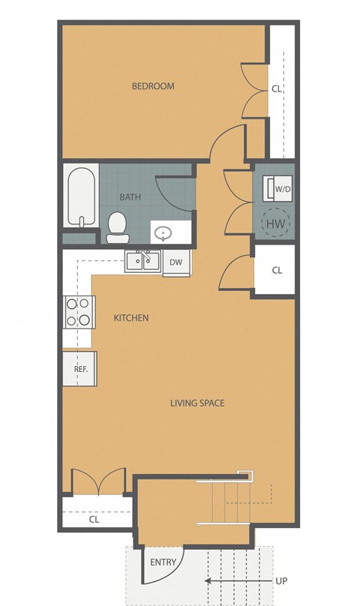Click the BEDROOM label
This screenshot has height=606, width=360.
(153, 86)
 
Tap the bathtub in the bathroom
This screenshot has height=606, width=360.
(81, 196)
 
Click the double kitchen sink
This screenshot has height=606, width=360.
(142, 261)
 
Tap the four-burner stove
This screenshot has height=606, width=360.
(79, 312)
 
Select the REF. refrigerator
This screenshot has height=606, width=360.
(80, 369)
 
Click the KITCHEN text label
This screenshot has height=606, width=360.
(130, 318)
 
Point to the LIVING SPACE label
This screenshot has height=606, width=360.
(197, 403)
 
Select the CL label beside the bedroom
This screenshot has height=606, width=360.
(277, 88)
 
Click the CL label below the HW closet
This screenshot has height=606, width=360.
(277, 270)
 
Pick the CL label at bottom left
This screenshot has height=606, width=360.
(94, 518)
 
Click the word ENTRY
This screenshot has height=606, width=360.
(163, 562)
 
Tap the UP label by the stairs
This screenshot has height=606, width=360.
(280, 580)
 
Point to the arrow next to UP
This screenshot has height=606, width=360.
(233, 580)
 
